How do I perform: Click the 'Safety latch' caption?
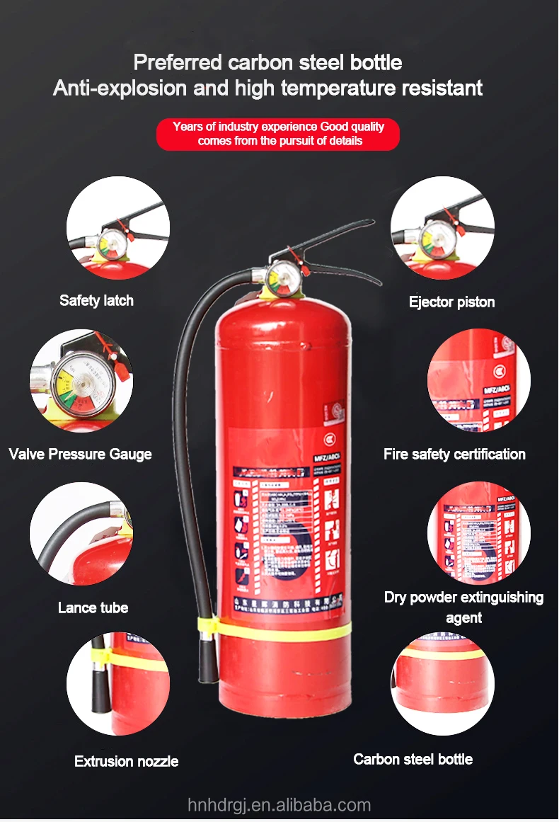click(96, 300)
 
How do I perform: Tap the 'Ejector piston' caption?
click(451, 302)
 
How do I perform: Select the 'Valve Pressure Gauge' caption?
click(80, 454)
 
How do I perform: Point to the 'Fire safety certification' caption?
click(454, 454)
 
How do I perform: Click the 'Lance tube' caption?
click(93, 607)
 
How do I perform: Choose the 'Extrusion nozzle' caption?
click(126, 761)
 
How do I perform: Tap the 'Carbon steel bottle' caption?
click(413, 759)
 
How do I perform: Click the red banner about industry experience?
click(278, 134)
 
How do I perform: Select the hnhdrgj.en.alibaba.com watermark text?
click(279, 805)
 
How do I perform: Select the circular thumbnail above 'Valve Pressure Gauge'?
click(81, 381)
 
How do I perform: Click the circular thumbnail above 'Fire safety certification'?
click(479, 381)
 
